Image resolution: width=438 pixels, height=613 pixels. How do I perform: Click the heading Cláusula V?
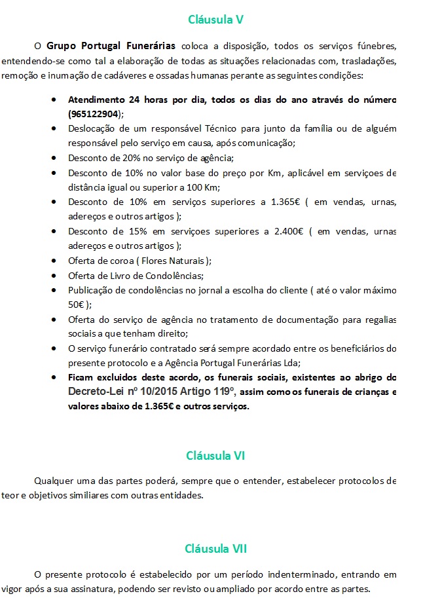tap(216, 19)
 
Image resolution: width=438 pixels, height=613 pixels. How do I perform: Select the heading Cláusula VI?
tap(215, 455)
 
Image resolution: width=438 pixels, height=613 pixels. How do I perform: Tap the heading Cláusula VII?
tap(215, 548)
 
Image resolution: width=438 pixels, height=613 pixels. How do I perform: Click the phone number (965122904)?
tap(94, 113)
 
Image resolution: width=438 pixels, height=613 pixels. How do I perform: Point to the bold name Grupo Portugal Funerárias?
tap(111, 46)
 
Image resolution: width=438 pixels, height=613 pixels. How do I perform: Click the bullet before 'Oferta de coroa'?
tap(53, 260)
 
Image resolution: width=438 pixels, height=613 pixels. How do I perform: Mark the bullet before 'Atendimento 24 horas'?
tap(53, 100)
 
